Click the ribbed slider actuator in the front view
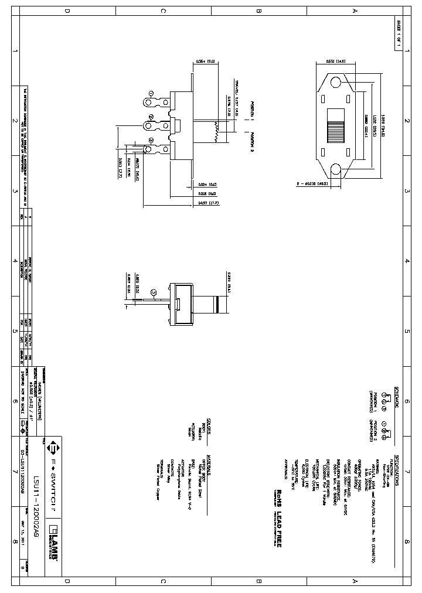(x=336, y=124)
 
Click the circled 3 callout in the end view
(x=154, y=291)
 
